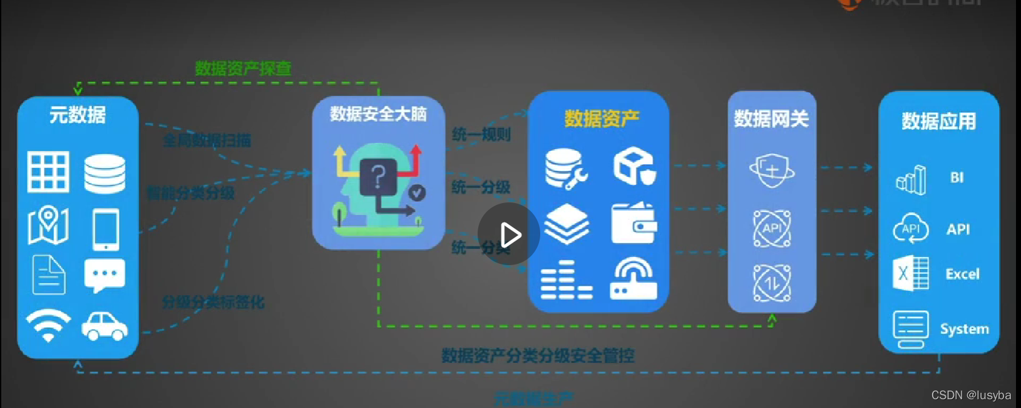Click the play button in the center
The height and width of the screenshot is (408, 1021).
[509, 234]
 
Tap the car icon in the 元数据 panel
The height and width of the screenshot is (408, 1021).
[105, 326]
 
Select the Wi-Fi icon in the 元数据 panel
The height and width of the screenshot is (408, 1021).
[48, 325]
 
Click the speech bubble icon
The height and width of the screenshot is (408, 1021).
[105, 276]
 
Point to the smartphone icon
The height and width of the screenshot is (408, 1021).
[106, 229]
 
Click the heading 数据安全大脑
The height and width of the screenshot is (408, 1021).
[378, 114]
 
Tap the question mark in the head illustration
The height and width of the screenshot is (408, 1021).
[378, 177]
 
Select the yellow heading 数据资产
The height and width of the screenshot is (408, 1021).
[602, 118]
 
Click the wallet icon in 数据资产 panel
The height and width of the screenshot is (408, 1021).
[634, 224]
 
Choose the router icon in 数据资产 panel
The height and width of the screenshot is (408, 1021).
[634, 280]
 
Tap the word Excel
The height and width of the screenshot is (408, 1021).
[962, 274]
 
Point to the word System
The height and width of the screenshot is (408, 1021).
[964, 329]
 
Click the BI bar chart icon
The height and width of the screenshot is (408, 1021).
[911, 180]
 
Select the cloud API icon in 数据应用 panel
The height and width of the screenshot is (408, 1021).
[911, 229]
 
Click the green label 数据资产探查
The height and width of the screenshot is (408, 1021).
[243, 68]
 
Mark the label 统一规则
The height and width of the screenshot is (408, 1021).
[481, 134]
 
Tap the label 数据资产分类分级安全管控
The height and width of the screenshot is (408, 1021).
[538, 356]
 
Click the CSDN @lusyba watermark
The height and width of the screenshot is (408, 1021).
[971, 395]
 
